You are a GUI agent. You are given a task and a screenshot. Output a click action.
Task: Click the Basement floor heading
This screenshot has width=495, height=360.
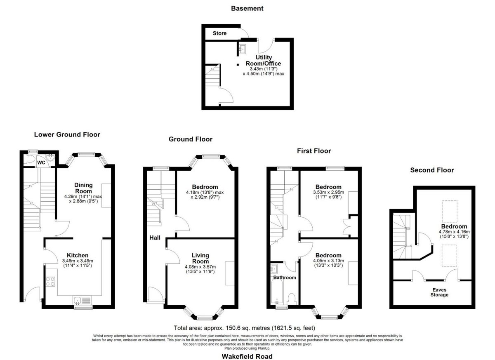[247, 8]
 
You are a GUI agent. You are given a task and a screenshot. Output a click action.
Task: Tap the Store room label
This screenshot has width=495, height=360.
[219, 33]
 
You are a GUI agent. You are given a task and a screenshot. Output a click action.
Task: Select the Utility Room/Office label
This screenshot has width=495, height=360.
[264, 60]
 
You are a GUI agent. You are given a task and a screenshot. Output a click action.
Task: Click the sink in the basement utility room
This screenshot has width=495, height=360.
[243, 49]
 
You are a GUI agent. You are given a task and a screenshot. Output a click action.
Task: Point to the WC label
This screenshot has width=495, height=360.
[41, 163]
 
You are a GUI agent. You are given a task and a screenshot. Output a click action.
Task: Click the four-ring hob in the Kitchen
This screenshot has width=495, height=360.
[50, 281]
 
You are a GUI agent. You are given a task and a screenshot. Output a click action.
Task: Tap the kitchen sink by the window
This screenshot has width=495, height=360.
[82, 300]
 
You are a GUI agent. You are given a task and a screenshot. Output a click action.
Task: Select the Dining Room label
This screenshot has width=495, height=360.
[83, 188]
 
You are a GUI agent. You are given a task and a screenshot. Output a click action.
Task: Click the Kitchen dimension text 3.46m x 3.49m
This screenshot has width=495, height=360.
[78, 261]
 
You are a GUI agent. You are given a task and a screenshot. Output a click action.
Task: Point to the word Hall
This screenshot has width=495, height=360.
[155, 238]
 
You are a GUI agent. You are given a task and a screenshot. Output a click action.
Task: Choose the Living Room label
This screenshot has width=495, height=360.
[200, 258]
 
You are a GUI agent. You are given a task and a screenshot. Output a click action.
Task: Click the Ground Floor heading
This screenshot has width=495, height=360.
[191, 139]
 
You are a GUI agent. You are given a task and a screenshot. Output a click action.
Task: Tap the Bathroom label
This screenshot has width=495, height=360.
[285, 278]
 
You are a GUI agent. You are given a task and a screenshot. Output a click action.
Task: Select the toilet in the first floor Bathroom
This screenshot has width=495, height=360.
[292, 299]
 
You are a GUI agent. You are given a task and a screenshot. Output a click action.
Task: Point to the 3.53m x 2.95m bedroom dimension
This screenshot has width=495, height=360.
[328, 192]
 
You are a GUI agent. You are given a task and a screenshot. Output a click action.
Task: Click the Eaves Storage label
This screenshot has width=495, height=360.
[439, 292]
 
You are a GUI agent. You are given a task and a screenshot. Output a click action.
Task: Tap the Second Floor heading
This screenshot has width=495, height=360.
[432, 170]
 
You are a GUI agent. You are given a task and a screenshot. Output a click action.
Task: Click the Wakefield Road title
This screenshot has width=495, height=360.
[247, 356]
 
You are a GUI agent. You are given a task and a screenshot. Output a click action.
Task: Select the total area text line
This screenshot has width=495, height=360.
[244, 328]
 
